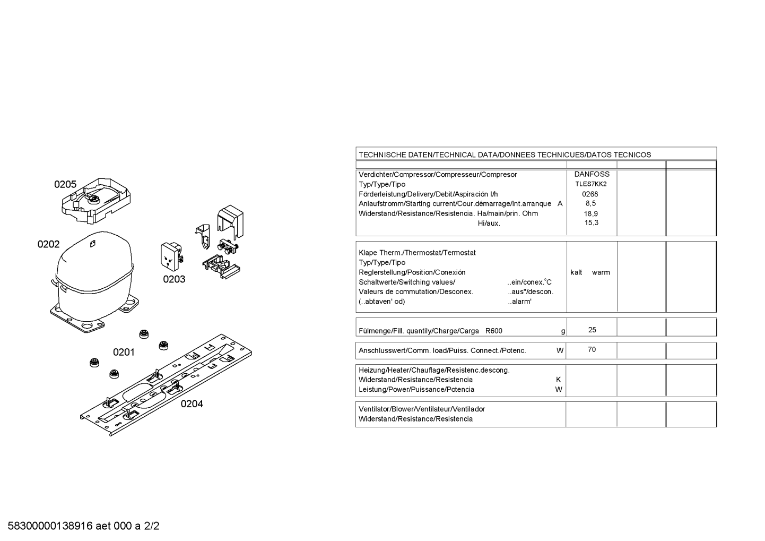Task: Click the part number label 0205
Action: point(65,185)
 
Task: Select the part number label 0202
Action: point(48,244)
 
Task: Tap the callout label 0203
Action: point(174,279)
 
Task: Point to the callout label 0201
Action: point(124,353)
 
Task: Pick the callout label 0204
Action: point(192,404)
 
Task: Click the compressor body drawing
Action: point(94,281)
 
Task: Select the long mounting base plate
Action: point(166,385)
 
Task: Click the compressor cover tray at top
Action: point(96,201)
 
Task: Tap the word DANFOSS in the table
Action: point(592,174)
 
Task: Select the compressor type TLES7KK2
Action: point(591,184)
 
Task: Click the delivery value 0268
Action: point(590,194)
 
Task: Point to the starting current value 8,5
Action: point(590,203)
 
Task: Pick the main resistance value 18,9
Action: point(591,213)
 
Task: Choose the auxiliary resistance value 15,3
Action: point(591,223)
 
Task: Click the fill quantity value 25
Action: point(592,330)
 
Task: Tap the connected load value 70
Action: point(592,349)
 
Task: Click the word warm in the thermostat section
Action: point(601,272)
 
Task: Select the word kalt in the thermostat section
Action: point(576,272)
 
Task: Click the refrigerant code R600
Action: point(494,331)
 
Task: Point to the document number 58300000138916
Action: point(50,526)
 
